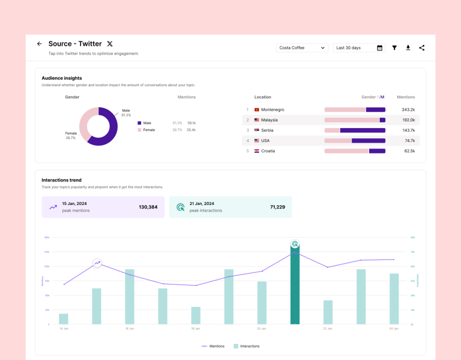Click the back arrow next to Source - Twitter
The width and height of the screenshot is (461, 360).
pyautogui.click(x=39, y=44)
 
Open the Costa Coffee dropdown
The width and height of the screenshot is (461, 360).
pyautogui.click(x=302, y=48)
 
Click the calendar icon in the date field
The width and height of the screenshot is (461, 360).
pyautogui.click(x=380, y=48)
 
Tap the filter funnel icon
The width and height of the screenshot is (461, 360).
pyautogui.click(x=394, y=48)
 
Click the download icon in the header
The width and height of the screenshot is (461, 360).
pyautogui.click(x=408, y=48)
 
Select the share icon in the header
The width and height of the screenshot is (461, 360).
pyautogui.click(x=422, y=48)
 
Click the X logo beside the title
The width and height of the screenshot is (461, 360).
pyautogui.click(x=110, y=44)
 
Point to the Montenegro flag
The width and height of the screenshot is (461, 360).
pyautogui.click(x=257, y=110)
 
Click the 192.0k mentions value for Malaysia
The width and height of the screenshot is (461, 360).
pyautogui.click(x=408, y=120)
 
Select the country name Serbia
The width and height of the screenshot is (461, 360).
pyautogui.click(x=267, y=131)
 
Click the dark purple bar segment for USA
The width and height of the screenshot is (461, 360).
pyautogui.click(x=368, y=141)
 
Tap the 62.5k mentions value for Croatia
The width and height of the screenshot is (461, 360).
pyautogui.click(x=409, y=151)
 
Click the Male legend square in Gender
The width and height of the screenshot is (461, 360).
pyautogui.click(x=140, y=123)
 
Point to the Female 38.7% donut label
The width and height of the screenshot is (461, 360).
pyautogui.click(x=71, y=135)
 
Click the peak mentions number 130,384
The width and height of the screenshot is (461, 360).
pyautogui.click(x=148, y=207)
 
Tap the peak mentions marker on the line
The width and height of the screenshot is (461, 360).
pyautogui.click(x=97, y=263)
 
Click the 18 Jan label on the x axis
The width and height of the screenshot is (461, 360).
pyautogui.click(x=195, y=329)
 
